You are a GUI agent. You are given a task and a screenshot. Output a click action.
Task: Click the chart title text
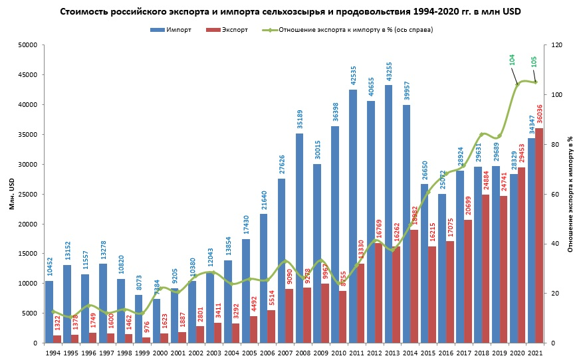[290, 12]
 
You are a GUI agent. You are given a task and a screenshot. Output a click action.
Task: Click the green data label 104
[512, 59]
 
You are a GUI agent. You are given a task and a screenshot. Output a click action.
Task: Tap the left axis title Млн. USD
[12, 194]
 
